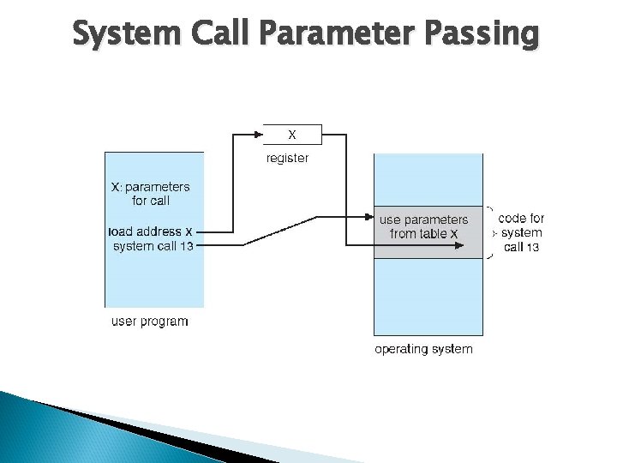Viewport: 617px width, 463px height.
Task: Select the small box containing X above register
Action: click(x=291, y=135)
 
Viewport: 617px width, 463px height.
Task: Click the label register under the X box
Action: click(x=287, y=159)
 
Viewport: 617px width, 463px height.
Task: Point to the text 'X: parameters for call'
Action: click(x=151, y=194)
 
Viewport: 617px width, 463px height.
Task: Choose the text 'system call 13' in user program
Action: click(x=153, y=246)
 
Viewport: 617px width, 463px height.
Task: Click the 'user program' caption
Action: click(x=150, y=322)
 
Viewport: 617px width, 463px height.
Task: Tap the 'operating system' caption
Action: click(x=423, y=349)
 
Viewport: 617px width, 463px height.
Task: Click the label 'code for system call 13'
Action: click(x=521, y=233)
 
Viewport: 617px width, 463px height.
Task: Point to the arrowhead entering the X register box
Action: click(x=258, y=134)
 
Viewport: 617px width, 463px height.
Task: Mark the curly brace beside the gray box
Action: click(x=489, y=232)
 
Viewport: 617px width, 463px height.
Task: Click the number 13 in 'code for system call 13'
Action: click(x=532, y=248)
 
